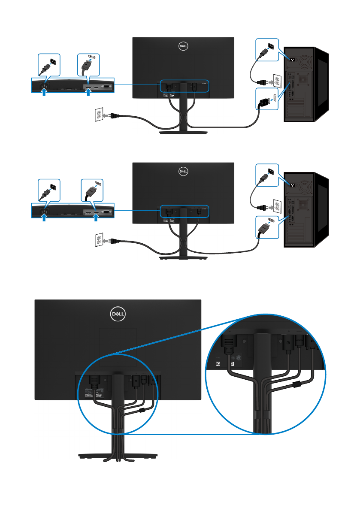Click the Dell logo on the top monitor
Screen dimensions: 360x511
point(184,45)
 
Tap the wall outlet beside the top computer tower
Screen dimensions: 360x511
point(277,80)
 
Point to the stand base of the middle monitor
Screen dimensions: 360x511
point(184,257)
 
